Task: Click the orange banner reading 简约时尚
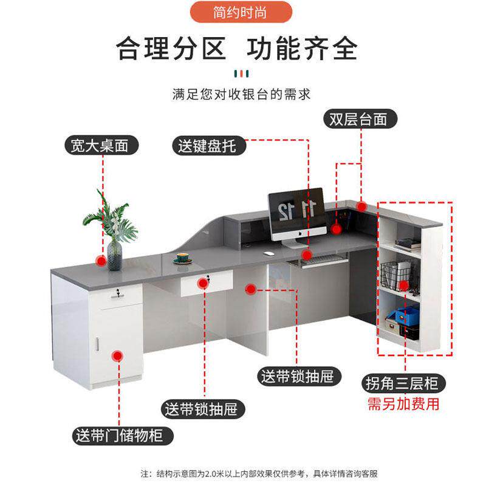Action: tap(241, 12)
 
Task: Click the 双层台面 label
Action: tap(358, 118)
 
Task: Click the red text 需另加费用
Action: tap(403, 404)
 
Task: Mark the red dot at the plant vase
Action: tap(101, 261)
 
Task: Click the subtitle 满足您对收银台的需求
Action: tap(241, 94)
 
